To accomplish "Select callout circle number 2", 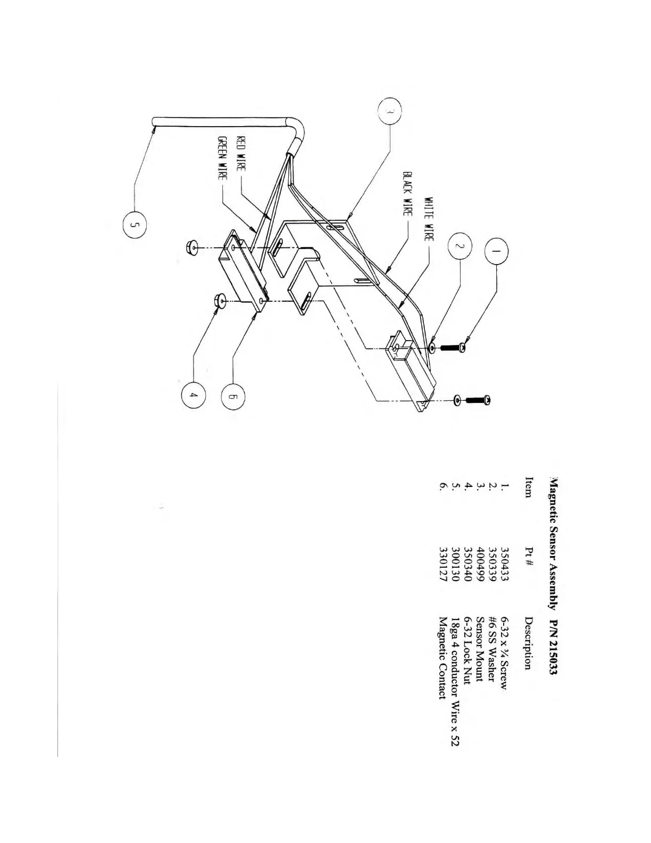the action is (462, 246).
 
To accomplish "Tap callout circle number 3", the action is (389, 113).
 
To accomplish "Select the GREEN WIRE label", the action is (223, 158).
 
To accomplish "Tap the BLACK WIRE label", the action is (407, 194).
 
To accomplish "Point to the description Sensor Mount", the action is (480, 650).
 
